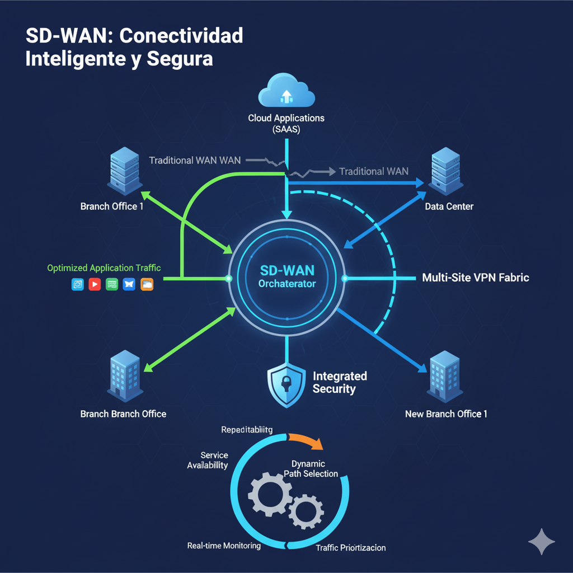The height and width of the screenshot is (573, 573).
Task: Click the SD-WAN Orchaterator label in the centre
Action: point(286,276)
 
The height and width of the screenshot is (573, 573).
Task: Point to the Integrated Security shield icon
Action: point(286,384)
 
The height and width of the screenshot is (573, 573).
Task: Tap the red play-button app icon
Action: point(95,284)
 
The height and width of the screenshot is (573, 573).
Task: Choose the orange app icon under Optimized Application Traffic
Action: point(147,284)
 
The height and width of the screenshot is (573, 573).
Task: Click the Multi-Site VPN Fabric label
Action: point(475,277)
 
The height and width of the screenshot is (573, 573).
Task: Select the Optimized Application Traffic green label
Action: point(104,268)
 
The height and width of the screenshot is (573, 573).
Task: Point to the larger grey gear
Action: point(270,494)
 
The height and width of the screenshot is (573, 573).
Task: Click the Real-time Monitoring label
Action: point(224,546)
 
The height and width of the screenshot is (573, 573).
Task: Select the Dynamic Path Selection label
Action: point(310,469)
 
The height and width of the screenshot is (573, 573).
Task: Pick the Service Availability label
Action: point(207,461)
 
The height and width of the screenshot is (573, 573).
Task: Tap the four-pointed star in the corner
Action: point(542,541)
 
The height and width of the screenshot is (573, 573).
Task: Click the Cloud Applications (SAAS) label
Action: point(286,123)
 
